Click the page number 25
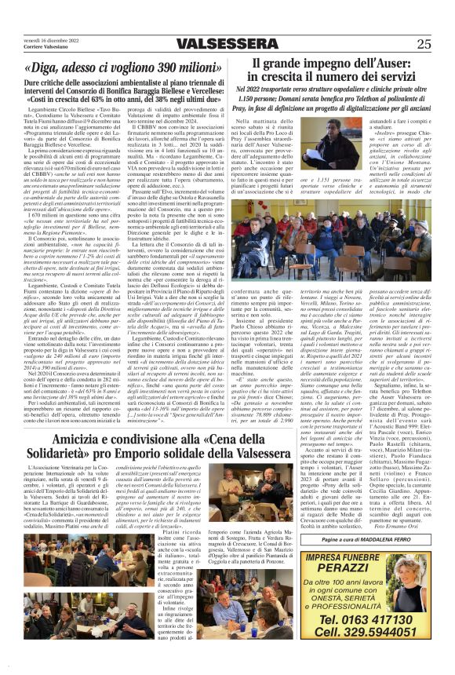[x=424, y=43]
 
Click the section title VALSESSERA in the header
[x=227, y=44]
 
